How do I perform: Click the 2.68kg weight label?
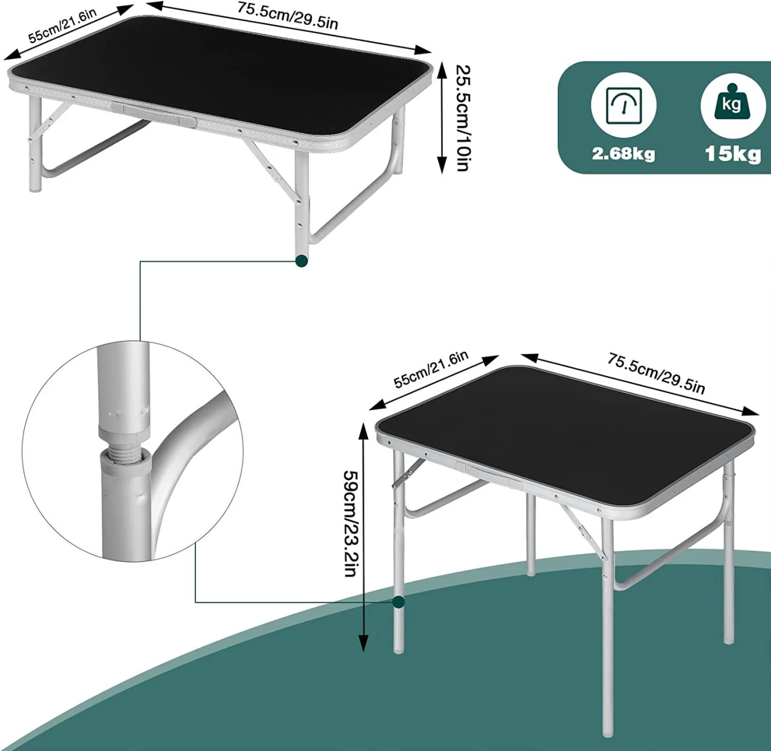point(623,154)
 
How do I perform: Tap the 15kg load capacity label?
point(732,154)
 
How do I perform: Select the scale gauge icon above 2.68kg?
point(623,105)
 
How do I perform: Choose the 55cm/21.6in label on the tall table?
point(430,369)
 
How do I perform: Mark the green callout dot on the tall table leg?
point(398,601)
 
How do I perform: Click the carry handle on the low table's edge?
point(154,113)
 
